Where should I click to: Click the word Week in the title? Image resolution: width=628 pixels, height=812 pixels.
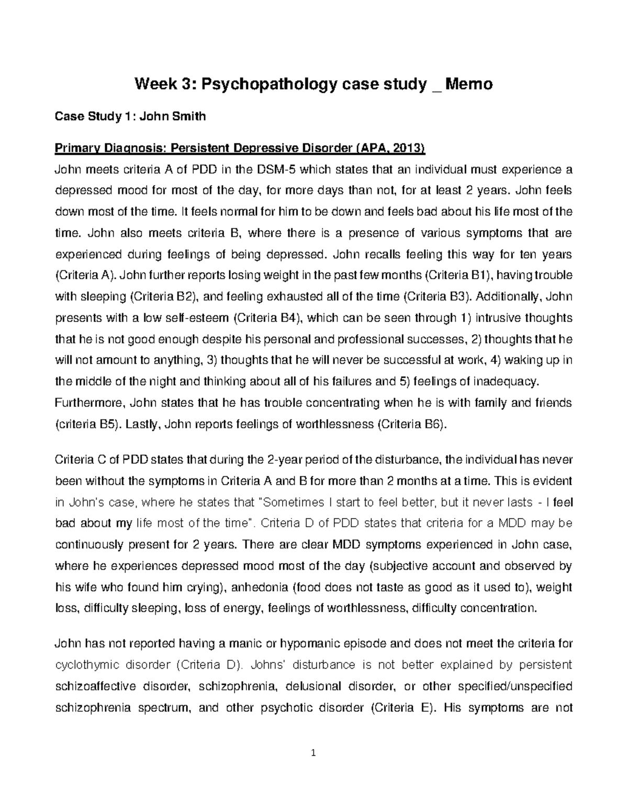point(152,84)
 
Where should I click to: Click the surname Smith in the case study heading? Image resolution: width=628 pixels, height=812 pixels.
point(186,116)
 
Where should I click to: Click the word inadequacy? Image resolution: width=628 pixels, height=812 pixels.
point(505,382)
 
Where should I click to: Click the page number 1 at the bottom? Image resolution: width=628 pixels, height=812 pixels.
point(313,753)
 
